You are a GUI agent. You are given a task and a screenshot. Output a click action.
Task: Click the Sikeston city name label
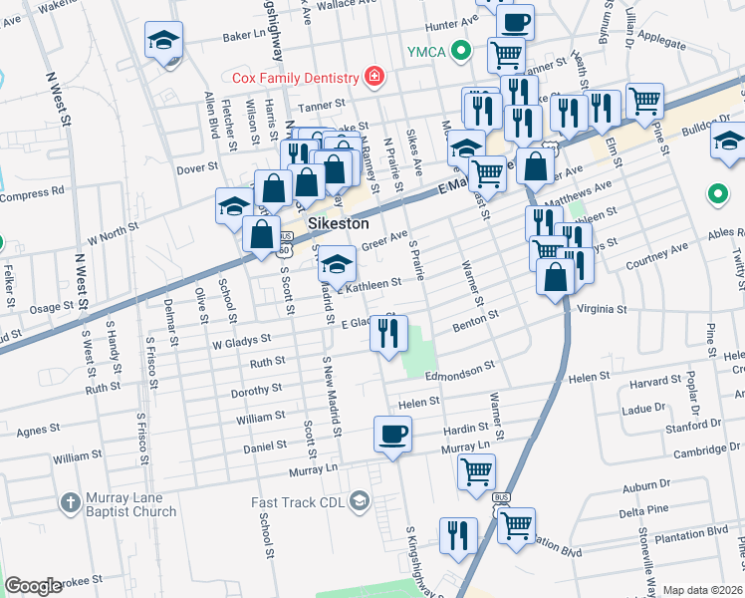tap(332, 223)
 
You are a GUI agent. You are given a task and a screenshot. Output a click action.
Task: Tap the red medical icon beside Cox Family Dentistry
tap(373, 77)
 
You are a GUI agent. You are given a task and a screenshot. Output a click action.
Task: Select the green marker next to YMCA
tap(459, 50)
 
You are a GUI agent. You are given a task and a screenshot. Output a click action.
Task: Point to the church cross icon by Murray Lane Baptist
tap(69, 502)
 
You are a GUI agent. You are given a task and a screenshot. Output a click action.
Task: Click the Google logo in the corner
tap(33, 586)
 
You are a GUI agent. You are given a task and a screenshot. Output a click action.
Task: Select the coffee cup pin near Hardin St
tap(391, 436)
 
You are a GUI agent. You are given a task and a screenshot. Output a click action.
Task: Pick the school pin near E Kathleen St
tap(337, 265)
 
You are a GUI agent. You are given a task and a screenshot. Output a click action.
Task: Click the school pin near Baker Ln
tap(164, 41)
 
